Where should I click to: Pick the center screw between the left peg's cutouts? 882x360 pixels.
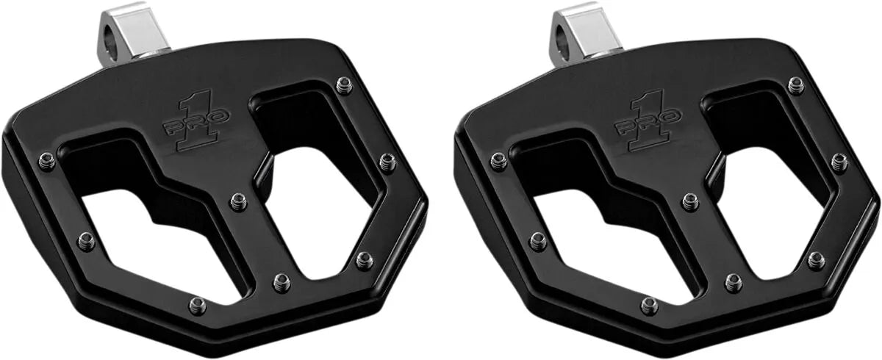tap(237, 201)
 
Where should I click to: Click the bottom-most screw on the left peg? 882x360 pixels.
tap(195, 306)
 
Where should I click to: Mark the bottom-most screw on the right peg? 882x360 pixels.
tap(647, 306)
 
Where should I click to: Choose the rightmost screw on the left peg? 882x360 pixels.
tap(387, 162)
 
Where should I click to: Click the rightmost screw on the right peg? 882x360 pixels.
tap(839, 162)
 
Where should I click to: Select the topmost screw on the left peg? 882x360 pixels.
tap(343, 86)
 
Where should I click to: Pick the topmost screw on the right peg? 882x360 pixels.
tap(795, 86)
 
